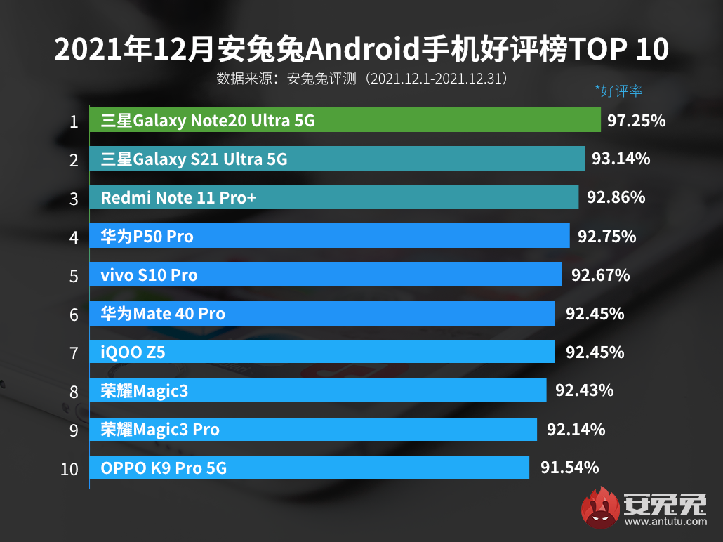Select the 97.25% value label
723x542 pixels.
[x=636, y=121]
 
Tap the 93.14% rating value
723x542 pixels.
[x=621, y=159]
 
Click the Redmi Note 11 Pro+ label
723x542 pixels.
[x=178, y=198]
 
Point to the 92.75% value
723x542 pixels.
[x=606, y=237]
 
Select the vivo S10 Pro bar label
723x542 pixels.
[x=149, y=275]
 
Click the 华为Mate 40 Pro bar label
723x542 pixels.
[x=163, y=313]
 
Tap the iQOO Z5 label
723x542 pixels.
[x=133, y=352]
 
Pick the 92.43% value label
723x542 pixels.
[x=584, y=390]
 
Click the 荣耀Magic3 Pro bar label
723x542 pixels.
[x=160, y=429]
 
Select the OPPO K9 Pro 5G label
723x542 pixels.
[x=164, y=468]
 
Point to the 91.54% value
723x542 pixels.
[x=569, y=467]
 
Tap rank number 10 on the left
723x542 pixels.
[x=69, y=469]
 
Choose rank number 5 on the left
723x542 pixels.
[x=74, y=276]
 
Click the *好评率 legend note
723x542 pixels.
[x=618, y=91]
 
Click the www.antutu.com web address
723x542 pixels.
[x=664, y=522]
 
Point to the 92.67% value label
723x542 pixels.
[x=600, y=275]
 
